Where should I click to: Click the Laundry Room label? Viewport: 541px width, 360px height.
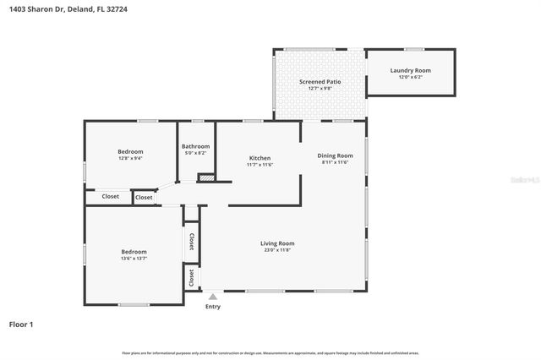pyautogui.click(x=410, y=71)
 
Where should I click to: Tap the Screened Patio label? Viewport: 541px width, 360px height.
pyautogui.click(x=318, y=81)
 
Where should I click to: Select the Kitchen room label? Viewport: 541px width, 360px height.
pyautogui.click(x=260, y=158)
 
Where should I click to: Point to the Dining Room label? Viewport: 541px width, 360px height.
pyautogui.click(x=335, y=155)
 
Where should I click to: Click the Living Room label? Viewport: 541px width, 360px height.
pyautogui.click(x=276, y=243)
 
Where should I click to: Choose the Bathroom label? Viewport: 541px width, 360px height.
pyautogui.click(x=196, y=146)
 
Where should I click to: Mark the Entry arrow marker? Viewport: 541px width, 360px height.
pyautogui.click(x=213, y=297)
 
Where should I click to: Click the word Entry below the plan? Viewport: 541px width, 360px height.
pyautogui.click(x=213, y=306)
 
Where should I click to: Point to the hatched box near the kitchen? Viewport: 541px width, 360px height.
pyautogui.click(x=205, y=177)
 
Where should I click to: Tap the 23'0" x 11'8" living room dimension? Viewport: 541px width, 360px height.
pyautogui.click(x=276, y=250)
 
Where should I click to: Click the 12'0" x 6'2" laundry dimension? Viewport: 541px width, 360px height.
pyautogui.click(x=410, y=78)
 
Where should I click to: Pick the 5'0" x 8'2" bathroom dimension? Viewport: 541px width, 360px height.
pyautogui.click(x=195, y=153)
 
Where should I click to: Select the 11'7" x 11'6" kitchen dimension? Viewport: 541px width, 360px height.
pyautogui.click(x=260, y=165)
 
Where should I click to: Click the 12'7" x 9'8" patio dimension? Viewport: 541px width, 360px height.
pyautogui.click(x=318, y=88)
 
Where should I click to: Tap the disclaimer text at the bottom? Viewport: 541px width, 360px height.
pyautogui.click(x=270, y=352)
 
